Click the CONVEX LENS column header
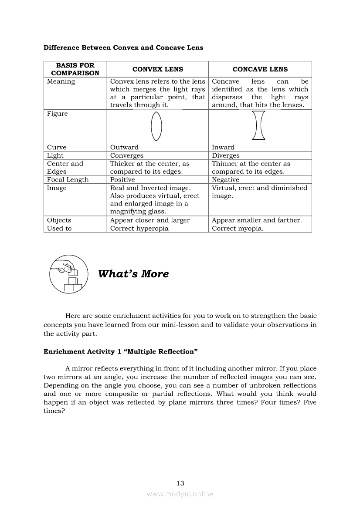point(157,69)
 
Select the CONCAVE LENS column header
point(260,69)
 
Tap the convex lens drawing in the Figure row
point(157,126)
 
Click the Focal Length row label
point(68,180)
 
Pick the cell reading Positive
point(122,180)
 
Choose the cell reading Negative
point(225,180)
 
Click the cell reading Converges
point(127,155)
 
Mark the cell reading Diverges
point(226,155)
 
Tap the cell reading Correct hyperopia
point(139,229)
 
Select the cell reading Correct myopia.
point(238,229)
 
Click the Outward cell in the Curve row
point(124,148)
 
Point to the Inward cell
point(223,148)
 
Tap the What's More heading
point(133,274)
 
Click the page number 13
point(180,483)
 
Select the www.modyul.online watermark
point(180,494)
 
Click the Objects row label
point(59,220)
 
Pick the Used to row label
point(59,229)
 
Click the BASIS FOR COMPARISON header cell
point(75,69)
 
